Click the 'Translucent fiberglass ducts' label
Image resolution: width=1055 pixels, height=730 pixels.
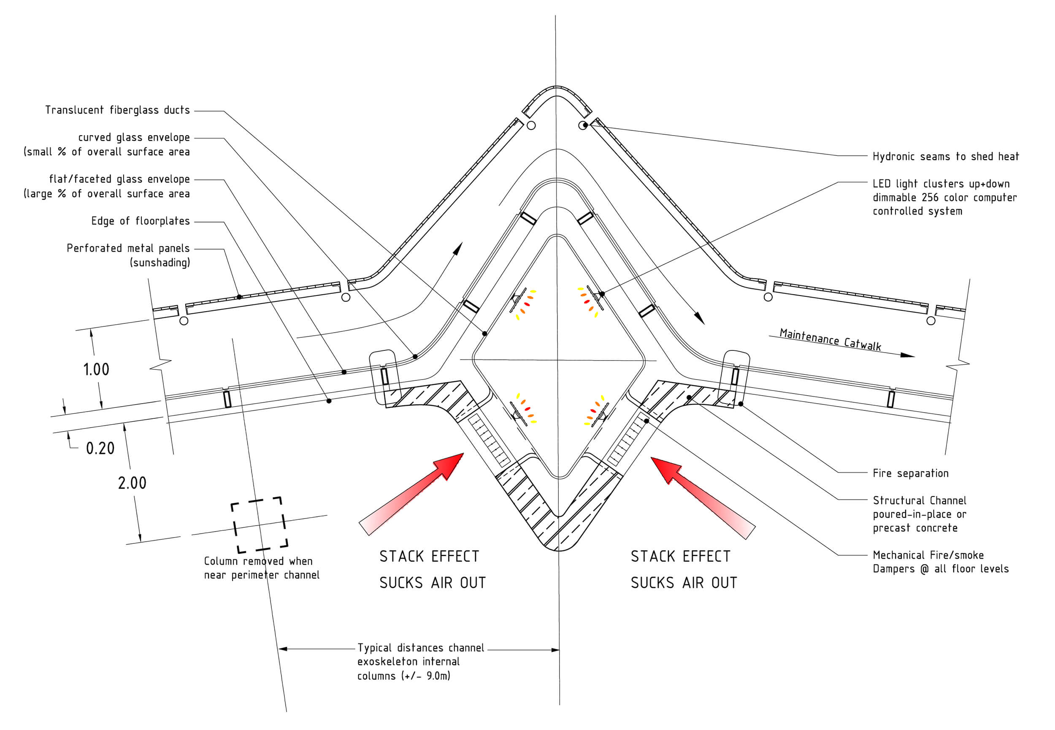(x=117, y=110)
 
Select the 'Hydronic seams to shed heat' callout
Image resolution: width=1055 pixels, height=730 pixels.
(x=945, y=156)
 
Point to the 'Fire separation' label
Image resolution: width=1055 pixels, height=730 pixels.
(x=911, y=473)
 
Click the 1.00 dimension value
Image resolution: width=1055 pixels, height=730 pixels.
(x=96, y=369)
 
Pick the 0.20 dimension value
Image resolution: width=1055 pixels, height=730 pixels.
(x=100, y=448)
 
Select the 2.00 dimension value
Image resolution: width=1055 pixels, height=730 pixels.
(x=132, y=483)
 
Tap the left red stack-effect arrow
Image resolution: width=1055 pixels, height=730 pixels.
(x=411, y=494)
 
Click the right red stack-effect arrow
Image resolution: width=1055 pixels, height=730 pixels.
(x=703, y=498)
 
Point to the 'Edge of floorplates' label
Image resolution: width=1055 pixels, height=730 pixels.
(x=141, y=221)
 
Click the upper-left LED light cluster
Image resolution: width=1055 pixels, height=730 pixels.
(x=523, y=304)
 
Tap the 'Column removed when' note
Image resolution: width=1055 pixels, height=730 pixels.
(x=258, y=561)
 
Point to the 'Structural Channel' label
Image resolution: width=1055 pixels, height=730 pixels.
(x=919, y=500)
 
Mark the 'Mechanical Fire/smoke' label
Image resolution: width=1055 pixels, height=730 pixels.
(x=928, y=555)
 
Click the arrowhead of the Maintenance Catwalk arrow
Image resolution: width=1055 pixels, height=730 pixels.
(x=907, y=355)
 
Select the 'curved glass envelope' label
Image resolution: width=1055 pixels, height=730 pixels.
(x=134, y=138)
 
